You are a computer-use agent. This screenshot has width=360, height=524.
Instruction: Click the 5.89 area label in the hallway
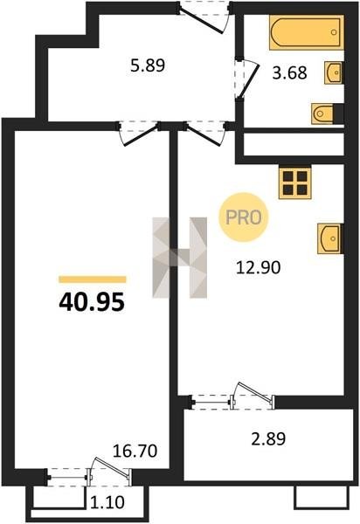148,65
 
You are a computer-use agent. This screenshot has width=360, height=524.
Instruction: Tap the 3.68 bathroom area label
289,72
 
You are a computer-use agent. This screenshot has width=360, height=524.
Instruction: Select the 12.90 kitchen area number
258,267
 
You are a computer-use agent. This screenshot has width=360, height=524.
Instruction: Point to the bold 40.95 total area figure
92,302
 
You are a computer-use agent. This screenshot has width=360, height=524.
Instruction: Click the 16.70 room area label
135,451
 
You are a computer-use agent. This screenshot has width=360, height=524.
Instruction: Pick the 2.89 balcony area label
268,438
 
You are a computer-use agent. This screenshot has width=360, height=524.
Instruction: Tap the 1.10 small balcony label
107,502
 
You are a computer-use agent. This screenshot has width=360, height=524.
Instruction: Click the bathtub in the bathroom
307,32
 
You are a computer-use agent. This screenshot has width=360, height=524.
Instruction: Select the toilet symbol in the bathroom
323,114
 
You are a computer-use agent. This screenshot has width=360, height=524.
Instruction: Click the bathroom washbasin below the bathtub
333,72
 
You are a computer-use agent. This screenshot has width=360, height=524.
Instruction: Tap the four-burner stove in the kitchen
295,183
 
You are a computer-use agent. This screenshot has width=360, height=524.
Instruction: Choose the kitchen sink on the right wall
329,238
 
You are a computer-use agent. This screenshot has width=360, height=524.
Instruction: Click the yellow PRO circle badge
244,217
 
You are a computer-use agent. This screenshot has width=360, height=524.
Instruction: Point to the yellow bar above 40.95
93,279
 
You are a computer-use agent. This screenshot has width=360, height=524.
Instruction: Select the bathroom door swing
248,79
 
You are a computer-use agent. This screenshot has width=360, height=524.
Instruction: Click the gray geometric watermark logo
180,258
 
